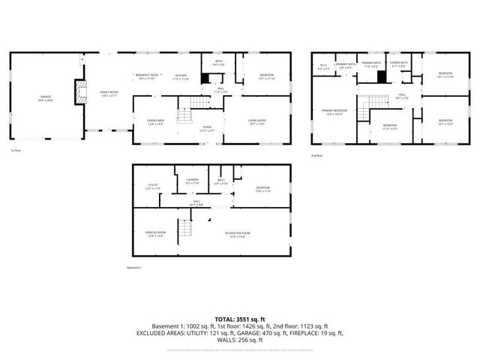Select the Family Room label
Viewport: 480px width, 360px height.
coord(109,94)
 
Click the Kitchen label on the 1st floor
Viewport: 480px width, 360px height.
coord(181,76)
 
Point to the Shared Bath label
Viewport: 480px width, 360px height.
coord(398,64)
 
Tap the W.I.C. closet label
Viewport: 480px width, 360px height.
coord(323,67)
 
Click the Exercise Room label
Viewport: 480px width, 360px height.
coord(154,234)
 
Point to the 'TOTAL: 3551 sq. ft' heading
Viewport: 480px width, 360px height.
coord(240,319)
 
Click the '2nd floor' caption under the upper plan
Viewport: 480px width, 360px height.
coord(316,155)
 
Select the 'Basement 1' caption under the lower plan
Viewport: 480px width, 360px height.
coord(134,268)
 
